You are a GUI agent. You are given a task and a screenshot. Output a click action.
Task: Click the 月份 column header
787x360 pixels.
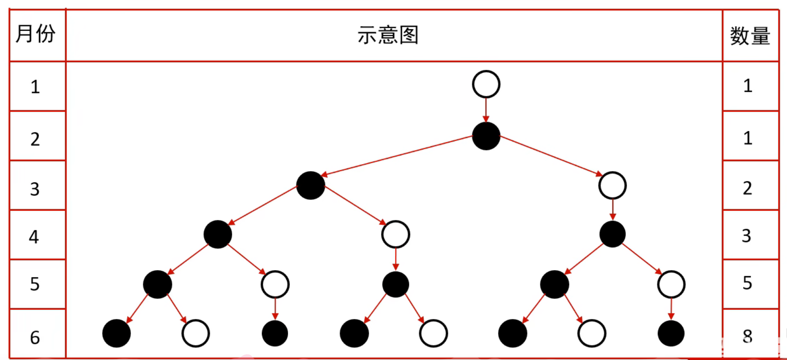click(x=36, y=34)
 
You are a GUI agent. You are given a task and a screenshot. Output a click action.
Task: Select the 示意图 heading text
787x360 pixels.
click(x=388, y=35)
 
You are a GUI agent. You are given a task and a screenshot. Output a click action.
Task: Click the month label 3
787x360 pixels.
click(x=35, y=189)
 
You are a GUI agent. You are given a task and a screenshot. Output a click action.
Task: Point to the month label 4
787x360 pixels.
click(x=34, y=237)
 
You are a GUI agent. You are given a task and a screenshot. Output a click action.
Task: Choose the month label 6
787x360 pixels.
click(x=35, y=337)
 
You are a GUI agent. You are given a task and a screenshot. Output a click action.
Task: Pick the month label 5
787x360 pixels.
click(x=35, y=284)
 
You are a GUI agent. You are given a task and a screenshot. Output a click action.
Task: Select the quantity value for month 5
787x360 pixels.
click(x=747, y=283)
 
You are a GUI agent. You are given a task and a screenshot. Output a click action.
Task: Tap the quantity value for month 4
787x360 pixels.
click(x=746, y=236)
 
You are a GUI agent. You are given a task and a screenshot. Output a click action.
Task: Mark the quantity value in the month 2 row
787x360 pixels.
click(x=748, y=138)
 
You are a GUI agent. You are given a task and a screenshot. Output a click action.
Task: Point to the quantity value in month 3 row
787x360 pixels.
click(x=747, y=188)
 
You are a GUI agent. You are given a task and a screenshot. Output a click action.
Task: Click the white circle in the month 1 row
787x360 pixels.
click(x=486, y=84)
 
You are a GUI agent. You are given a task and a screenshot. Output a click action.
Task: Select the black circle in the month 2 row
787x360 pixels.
click(x=486, y=136)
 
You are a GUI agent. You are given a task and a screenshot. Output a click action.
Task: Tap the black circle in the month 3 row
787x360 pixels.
click(x=310, y=185)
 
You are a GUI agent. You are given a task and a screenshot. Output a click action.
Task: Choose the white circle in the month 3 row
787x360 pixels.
click(x=612, y=185)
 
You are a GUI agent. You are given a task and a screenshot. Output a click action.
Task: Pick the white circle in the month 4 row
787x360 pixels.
click(x=395, y=234)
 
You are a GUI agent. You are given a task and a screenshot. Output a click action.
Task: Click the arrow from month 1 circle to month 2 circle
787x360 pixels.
click(x=486, y=110)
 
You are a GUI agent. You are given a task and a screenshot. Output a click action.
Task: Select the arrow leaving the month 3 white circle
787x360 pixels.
click(x=612, y=209)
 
